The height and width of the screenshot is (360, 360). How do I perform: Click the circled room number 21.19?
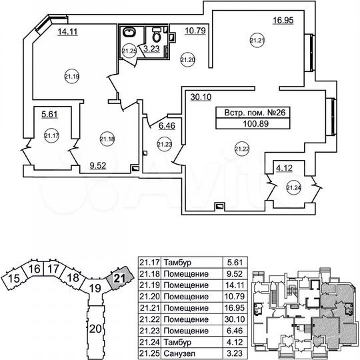coord(72,76)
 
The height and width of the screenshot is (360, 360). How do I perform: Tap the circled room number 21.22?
coord(242,149)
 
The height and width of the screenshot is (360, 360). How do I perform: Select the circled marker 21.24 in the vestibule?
coord(293,188)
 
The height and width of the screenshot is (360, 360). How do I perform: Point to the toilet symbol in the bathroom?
coord(157,35)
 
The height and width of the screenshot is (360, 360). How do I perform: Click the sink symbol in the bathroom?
coord(128,32)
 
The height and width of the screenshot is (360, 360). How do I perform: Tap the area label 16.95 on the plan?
coord(283,20)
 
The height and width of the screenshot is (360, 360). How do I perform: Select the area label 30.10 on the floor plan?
coord(201,97)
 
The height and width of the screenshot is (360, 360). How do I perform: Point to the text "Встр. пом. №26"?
coord(255,113)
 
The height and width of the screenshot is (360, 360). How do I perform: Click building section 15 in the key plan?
coord(14,278)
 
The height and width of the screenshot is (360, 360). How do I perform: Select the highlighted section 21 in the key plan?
coord(119,279)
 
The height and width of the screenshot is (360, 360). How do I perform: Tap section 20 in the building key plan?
coord(95,329)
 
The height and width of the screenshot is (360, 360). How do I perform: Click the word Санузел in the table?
coord(179,353)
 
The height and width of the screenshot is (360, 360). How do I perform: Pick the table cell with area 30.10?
coord(235,319)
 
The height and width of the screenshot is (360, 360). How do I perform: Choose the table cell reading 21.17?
coord(150,263)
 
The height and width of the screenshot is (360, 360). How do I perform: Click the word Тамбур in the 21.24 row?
coord(177,342)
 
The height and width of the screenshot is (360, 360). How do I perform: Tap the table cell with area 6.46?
coord(235,331)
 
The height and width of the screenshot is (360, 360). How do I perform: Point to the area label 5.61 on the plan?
coord(49,114)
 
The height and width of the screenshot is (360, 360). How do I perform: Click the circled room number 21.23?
coord(165,145)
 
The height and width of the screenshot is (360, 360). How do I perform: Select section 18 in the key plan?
coord(73,277)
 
